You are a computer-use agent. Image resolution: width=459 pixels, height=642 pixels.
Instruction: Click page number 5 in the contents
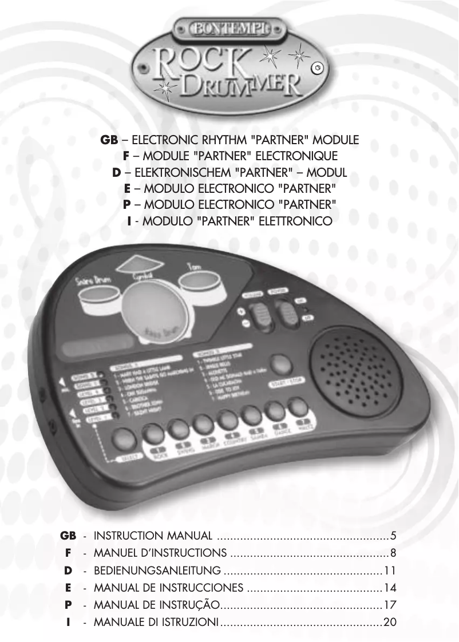click(393, 536)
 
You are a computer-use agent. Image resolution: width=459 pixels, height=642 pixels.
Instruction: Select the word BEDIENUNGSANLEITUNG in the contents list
click(157, 570)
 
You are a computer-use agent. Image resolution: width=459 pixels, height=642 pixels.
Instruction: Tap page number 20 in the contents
click(390, 622)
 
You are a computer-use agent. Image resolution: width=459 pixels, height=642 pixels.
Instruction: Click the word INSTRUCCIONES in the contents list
click(207, 588)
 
